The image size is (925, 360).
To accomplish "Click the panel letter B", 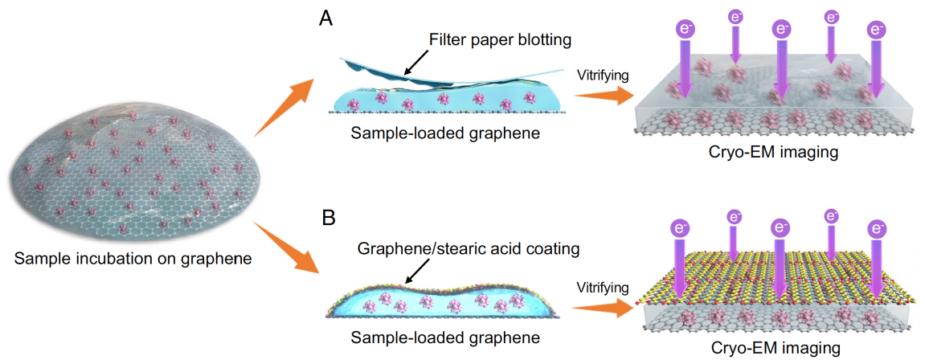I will pyautogui.click(x=327, y=218).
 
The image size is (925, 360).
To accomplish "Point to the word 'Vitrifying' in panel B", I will pyautogui.click(x=604, y=287).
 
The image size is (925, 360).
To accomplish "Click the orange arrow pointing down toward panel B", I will pyautogui.click(x=287, y=251).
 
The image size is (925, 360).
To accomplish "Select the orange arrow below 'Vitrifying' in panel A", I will pyautogui.click(x=604, y=96).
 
